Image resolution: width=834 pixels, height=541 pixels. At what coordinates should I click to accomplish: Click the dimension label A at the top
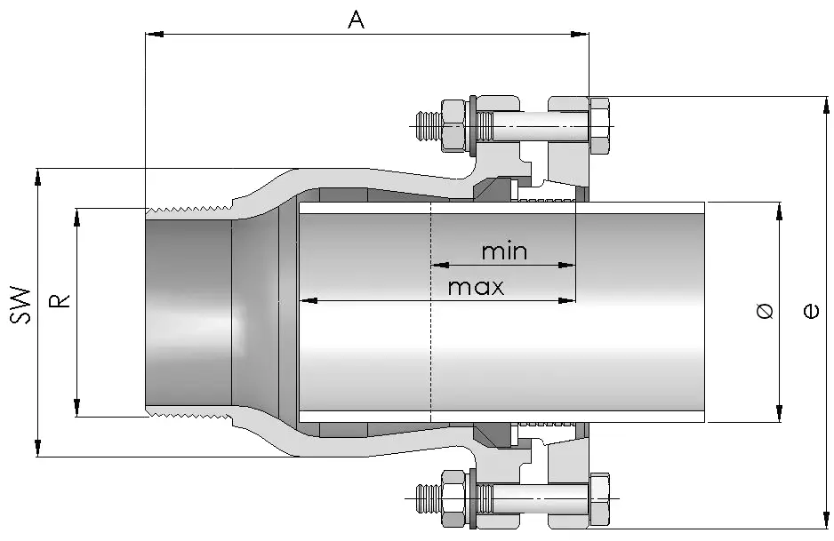click(356, 20)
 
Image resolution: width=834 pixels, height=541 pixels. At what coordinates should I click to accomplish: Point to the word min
click(504, 251)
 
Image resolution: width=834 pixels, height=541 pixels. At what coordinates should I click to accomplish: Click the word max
click(476, 287)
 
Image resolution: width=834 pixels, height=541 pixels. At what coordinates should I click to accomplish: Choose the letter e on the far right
click(810, 311)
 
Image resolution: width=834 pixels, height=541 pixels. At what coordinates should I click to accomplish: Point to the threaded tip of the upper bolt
click(427, 122)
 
